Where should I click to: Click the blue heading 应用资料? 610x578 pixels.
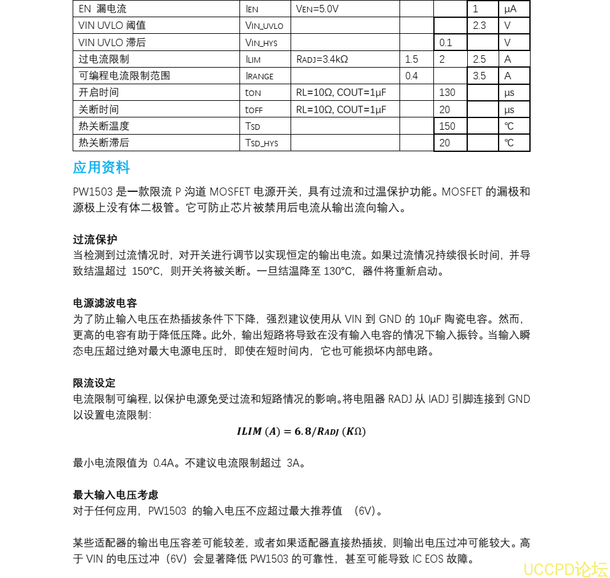point(101,167)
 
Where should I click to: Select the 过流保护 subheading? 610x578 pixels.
point(95,239)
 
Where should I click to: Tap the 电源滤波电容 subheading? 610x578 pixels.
point(105,303)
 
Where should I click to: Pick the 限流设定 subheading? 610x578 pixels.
point(94,383)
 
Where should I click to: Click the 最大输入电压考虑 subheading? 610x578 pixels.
point(115,494)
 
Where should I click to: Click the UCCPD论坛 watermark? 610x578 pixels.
point(565,569)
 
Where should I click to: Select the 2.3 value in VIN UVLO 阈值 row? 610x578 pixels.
point(479,26)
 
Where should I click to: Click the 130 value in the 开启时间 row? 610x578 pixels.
point(447,93)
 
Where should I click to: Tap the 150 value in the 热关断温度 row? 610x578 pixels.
point(447,126)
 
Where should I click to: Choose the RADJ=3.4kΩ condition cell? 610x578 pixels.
point(322,60)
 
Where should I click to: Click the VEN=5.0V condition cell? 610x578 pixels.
point(317,9)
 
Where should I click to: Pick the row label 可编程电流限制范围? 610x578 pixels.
point(124,76)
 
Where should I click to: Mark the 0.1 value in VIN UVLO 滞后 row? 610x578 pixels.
point(446,43)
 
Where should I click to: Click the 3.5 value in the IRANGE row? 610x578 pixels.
point(479,76)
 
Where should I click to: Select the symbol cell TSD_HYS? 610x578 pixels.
point(262,143)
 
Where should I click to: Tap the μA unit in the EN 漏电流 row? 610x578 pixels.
point(510,9)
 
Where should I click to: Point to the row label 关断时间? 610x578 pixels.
point(99,109)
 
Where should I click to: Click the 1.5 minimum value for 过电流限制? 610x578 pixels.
point(411,60)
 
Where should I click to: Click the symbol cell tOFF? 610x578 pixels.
point(253,109)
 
